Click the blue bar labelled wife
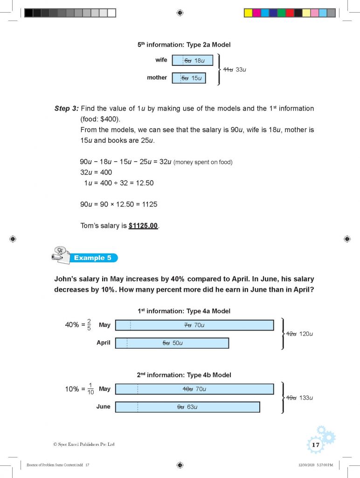coord(192,60)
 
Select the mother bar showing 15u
coord(188,78)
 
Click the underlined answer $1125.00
coord(144,226)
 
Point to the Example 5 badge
coord(90,258)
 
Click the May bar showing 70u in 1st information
coord(194,325)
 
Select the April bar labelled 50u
coord(172,343)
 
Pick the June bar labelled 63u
coord(187,407)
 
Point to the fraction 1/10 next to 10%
coord(90,389)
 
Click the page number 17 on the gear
coord(316,445)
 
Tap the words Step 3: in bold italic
coord(66,108)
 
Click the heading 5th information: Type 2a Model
coord(184,45)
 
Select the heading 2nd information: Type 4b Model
coord(184,375)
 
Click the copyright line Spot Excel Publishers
coord(84,444)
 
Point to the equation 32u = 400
coord(96,172)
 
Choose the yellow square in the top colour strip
coord(248,13)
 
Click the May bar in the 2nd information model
coord(194,389)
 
